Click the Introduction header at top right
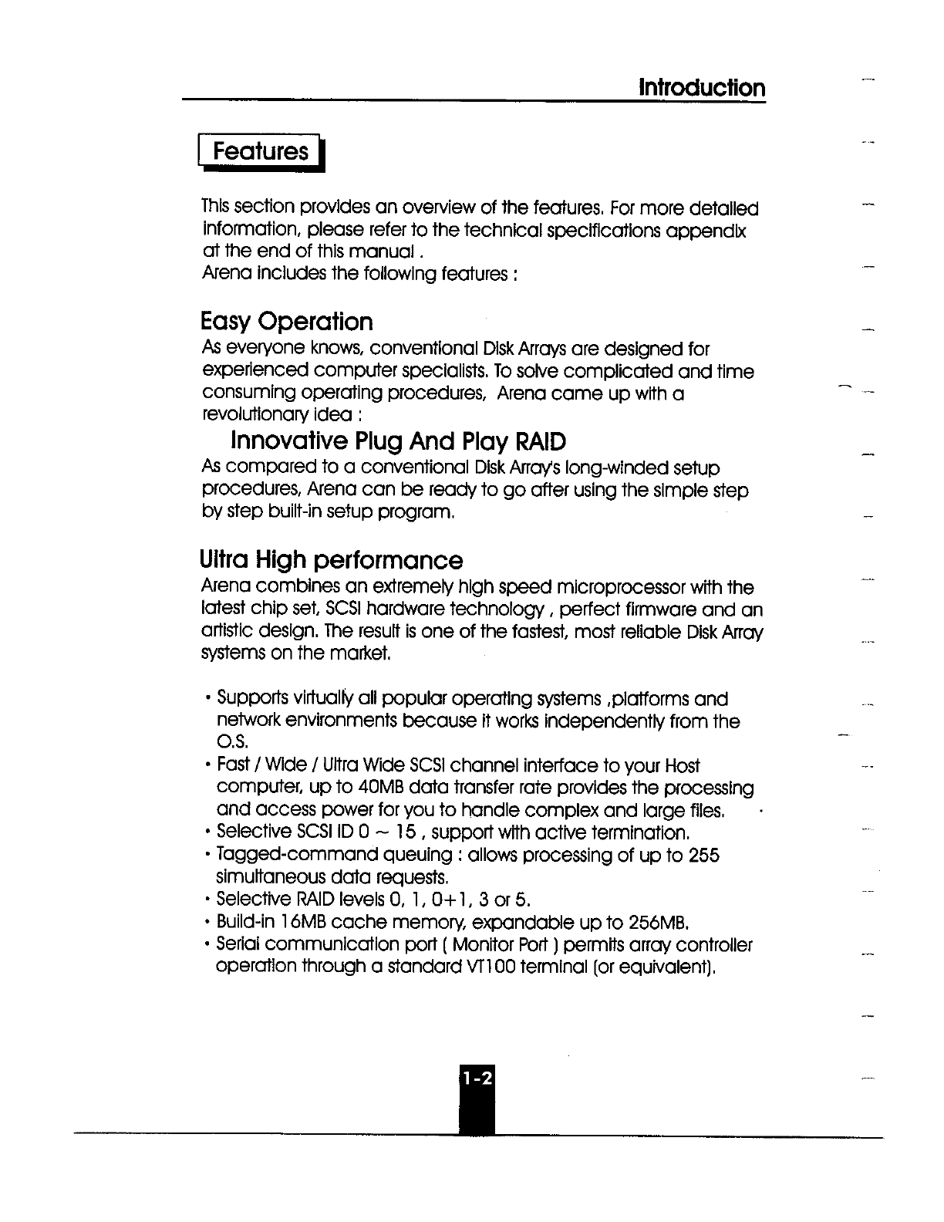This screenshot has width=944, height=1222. tap(702, 88)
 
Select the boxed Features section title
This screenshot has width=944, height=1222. tap(261, 151)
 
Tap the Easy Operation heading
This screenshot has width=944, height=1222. tap(286, 322)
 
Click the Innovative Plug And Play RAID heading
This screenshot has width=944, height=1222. tap(398, 442)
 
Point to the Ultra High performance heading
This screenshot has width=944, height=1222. tap(331, 560)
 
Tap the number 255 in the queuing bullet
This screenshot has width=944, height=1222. tap(703, 855)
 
